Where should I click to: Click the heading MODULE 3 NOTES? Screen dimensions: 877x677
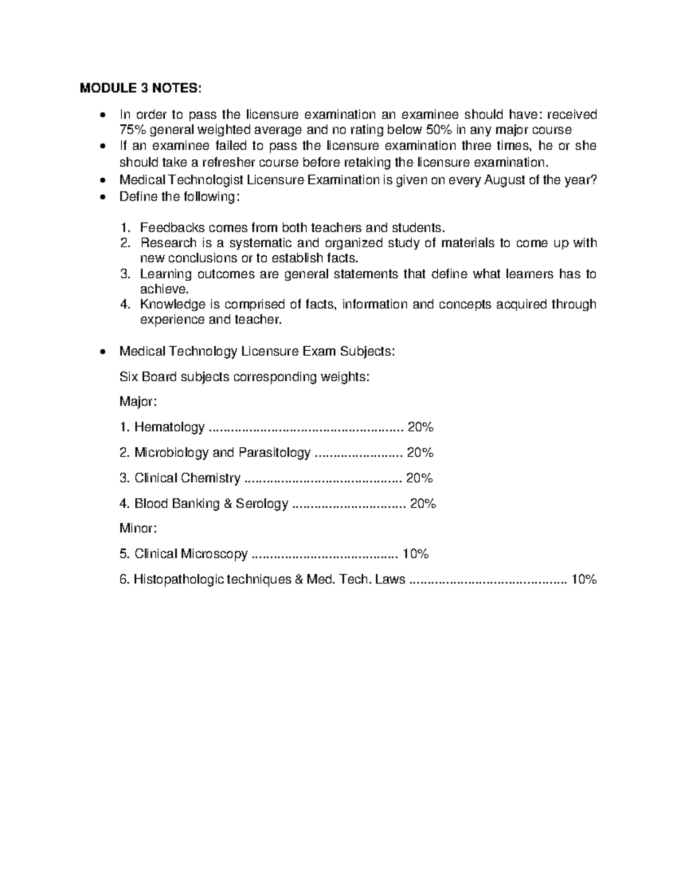[140, 88]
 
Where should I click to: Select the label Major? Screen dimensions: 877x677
[137, 402]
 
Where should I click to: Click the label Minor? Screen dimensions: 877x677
[137, 529]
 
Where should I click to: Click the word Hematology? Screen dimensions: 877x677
[169, 427]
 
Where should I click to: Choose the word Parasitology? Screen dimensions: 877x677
[274, 453]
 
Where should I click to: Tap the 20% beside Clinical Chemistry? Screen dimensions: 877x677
[419, 478]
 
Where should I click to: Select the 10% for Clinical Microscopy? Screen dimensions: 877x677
[415, 554]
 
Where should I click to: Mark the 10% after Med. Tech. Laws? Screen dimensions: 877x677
[583, 579]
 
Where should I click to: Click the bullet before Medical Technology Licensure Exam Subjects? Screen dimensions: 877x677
[102, 352]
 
